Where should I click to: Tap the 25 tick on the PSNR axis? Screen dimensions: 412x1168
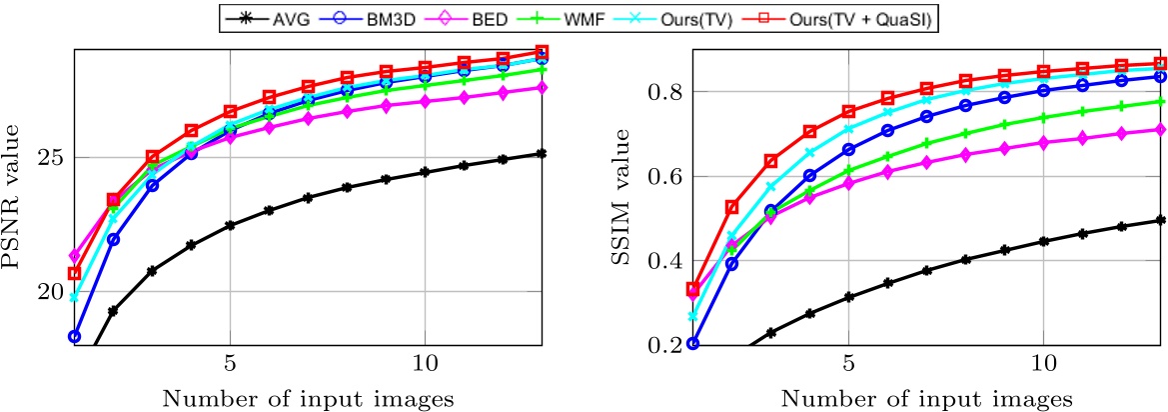52,158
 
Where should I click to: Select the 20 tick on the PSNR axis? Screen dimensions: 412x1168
52,291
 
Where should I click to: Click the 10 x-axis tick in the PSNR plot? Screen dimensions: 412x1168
424,359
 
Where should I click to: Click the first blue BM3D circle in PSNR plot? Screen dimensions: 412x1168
74,336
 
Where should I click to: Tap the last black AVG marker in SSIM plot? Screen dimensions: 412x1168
1160,220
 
